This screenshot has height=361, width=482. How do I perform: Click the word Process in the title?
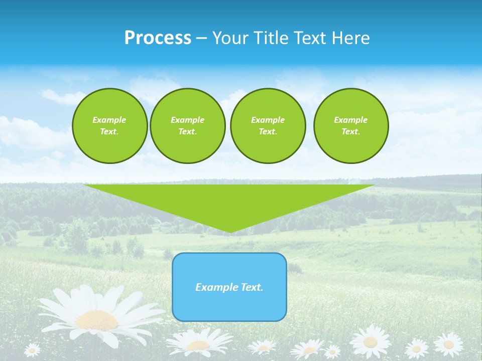(x=158, y=38)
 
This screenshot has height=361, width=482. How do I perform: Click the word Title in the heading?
(x=270, y=38)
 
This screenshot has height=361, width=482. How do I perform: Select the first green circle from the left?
(x=109, y=126)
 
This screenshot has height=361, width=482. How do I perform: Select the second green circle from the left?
(x=187, y=126)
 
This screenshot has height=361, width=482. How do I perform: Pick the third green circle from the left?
(x=268, y=126)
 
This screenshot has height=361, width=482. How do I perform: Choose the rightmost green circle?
(x=350, y=126)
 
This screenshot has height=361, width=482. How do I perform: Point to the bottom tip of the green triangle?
(x=230, y=232)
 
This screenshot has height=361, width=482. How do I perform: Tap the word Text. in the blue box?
(x=252, y=287)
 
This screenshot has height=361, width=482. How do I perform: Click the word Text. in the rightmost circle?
(x=350, y=132)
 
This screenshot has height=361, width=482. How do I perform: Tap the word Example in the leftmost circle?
(x=109, y=120)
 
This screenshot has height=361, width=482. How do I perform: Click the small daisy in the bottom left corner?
(x=32, y=349)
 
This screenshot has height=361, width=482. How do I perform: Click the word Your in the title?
(x=228, y=38)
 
